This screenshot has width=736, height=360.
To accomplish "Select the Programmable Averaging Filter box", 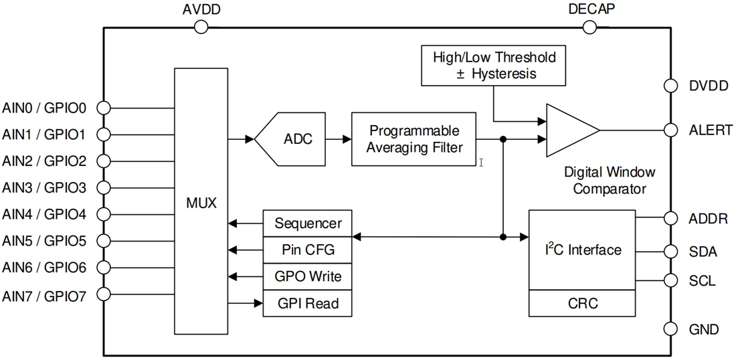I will click(x=414, y=139).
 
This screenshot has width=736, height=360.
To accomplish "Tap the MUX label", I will click(x=201, y=202).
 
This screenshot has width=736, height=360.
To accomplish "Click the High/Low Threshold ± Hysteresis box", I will click(x=494, y=65).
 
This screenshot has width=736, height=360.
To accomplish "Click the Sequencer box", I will click(x=307, y=223).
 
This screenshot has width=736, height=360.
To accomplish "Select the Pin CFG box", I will click(x=307, y=250).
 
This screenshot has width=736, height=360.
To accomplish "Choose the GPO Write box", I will click(x=307, y=276).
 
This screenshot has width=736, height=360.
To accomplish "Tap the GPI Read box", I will click(x=307, y=303).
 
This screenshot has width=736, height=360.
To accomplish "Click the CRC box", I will click(x=581, y=303).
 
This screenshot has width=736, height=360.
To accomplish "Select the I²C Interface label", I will click(x=581, y=250).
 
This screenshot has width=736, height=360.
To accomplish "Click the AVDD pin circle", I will click(x=201, y=27).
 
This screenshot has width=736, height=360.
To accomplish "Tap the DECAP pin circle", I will click(x=589, y=27).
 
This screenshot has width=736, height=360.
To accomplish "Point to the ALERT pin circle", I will click(x=670, y=130).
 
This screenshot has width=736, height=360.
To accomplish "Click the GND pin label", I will click(x=703, y=329).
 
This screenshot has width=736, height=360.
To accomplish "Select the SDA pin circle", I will click(x=670, y=252).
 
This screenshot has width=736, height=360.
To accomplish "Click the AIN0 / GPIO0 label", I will click(x=44, y=107).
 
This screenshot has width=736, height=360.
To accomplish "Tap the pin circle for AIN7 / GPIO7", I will click(x=104, y=294).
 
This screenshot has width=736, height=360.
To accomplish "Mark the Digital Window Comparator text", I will click(x=609, y=181).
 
